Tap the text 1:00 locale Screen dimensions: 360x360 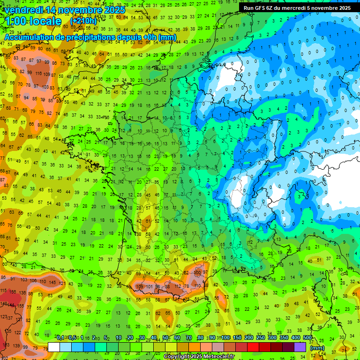click(x=33, y=22)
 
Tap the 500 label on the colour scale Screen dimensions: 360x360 click(x=307, y=337)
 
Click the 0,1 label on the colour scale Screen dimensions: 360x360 click(x=60, y=337)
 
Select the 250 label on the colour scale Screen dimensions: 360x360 click(x=260, y=337)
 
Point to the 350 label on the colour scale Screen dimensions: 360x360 click(x=284, y=337)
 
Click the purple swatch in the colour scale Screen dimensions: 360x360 click(x=300, y=347)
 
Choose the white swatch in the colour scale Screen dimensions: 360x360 click(x=54, y=347)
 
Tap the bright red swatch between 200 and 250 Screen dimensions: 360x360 click(x=253, y=347)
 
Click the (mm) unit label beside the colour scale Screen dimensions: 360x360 click(x=317, y=348)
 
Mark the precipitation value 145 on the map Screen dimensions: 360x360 click(x=52, y=282)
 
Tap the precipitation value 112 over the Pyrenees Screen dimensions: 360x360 click(x=177, y=286)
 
